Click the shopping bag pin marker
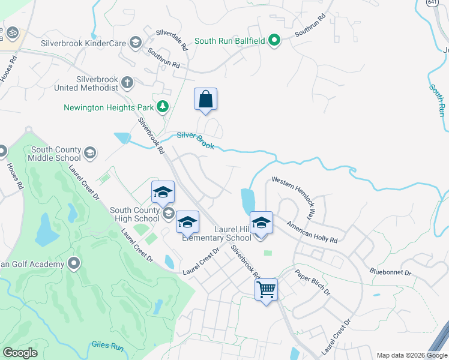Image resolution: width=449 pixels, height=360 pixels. click(x=205, y=100)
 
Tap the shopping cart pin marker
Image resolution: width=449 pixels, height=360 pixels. click(x=266, y=290)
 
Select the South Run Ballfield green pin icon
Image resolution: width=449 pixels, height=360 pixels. click(x=275, y=41)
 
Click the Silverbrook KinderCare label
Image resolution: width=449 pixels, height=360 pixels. click(x=83, y=43)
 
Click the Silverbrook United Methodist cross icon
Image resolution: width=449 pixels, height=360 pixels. click(x=127, y=82)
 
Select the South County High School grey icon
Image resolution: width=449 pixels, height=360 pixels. click(x=169, y=213)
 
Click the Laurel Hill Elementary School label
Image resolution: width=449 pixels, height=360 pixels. click(x=225, y=233)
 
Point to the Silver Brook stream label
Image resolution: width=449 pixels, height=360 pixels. click(x=196, y=141)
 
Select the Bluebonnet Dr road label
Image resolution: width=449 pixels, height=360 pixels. click(x=390, y=272)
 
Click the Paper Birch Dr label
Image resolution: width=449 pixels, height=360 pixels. click(x=312, y=282)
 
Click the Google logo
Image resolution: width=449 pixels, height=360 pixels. click(x=20, y=353)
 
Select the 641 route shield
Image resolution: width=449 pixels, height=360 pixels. click(x=432, y=3)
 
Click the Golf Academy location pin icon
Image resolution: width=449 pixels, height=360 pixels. click(x=74, y=263)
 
